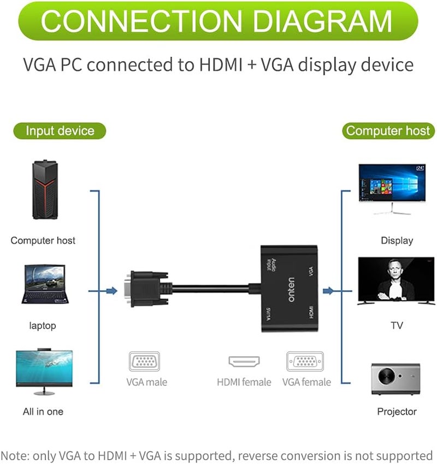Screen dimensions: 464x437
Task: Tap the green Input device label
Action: (60, 131)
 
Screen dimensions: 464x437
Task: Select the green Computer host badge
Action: (388, 131)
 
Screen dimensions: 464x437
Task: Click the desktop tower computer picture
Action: (44, 189)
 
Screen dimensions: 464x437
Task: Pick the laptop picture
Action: (44, 284)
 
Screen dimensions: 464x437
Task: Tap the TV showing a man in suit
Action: (397, 281)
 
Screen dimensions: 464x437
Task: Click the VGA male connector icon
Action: (144, 362)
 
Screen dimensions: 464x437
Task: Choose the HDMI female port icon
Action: (244, 362)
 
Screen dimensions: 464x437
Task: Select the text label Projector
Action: (397, 412)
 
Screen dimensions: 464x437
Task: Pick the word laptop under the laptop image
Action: (43, 326)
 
